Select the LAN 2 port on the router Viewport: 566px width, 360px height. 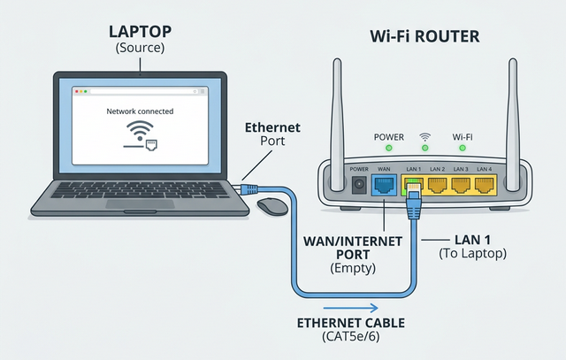[x=438, y=186]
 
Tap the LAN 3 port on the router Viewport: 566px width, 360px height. [x=462, y=186]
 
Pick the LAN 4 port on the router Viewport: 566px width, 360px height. [x=485, y=186]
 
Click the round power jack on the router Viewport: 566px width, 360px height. [x=359, y=186]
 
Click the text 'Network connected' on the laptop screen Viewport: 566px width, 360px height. [x=140, y=112]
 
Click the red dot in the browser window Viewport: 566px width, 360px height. [x=76, y=91]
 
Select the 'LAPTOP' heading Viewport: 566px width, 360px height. [x=139, y=32]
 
